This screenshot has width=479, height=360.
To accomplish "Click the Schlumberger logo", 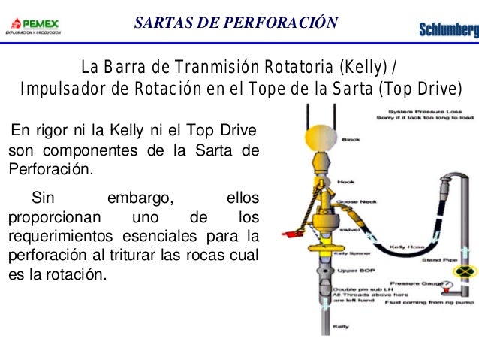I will tap(448, 30).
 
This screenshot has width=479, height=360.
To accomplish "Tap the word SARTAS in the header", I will tap(159, 23).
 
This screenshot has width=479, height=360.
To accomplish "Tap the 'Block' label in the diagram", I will tap(351, 139).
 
